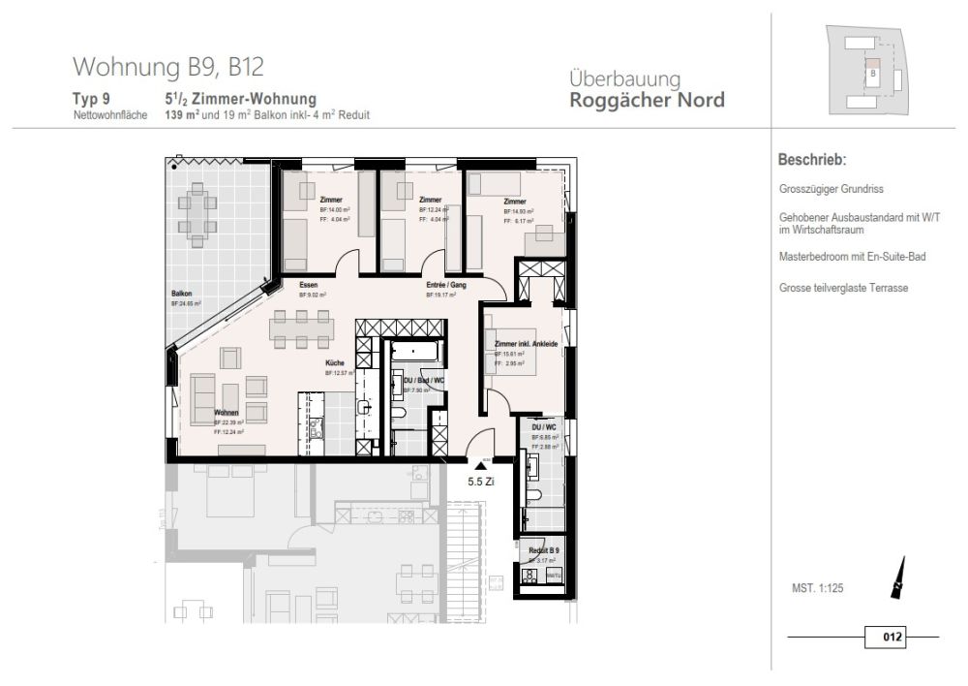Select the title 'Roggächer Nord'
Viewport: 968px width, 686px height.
(647, 100)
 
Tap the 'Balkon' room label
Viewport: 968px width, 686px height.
(181, 293)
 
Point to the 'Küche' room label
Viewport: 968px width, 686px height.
(335, 363)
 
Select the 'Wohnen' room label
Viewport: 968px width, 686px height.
(227, 413)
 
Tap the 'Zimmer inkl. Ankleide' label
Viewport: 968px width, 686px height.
(527, 345)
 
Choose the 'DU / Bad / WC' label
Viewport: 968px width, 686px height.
(424, 381)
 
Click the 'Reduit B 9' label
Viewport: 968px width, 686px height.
(544, 550)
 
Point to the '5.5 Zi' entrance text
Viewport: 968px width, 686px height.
(481, 481)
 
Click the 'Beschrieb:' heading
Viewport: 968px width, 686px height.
(812, 160)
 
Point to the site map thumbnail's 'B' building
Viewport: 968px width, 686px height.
(873, 74)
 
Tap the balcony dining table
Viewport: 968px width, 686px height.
(198, 214)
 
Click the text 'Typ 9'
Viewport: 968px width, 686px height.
(92, 99)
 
